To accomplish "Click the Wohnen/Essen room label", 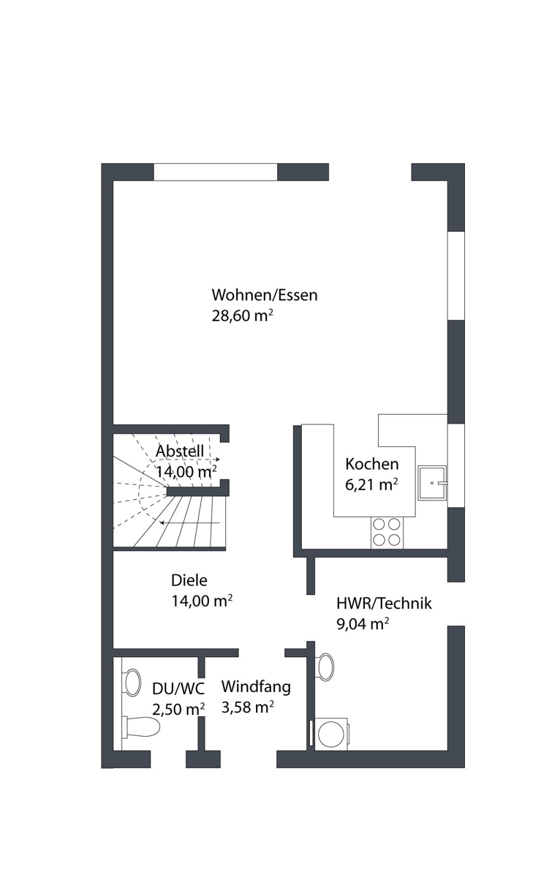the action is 265,295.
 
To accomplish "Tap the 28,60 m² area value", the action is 242,315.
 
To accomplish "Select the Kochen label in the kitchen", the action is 371,464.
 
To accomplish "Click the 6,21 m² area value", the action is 371,484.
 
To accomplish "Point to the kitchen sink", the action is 432,483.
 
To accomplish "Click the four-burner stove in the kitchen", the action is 387,533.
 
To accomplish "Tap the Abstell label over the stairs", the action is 180,451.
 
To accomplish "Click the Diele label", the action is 189,580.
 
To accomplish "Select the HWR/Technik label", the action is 384,604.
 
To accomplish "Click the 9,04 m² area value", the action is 363,624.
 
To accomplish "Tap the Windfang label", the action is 256,687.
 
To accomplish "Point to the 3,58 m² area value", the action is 248,707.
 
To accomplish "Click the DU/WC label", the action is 178,688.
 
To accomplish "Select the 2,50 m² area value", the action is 178,709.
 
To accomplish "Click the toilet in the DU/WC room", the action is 141,727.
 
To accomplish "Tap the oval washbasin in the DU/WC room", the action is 132,683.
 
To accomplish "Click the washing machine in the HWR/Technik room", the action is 332,735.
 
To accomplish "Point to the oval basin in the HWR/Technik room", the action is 325,666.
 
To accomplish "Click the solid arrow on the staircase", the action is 189,522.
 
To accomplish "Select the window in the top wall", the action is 216,172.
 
